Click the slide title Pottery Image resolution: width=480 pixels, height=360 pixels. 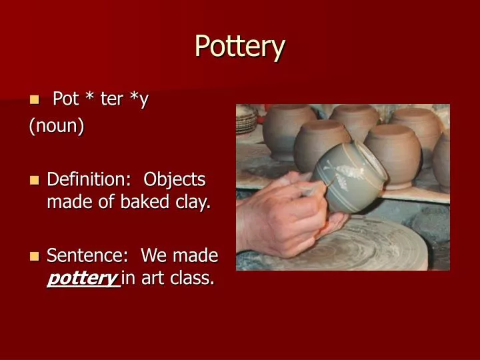[240, 47]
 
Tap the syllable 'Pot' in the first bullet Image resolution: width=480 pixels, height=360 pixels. [65, 99]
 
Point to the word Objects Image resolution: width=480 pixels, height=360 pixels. [175, 180]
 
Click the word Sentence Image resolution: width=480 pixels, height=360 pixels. [87, 256]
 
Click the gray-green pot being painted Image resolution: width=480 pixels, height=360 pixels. [350, 177]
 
